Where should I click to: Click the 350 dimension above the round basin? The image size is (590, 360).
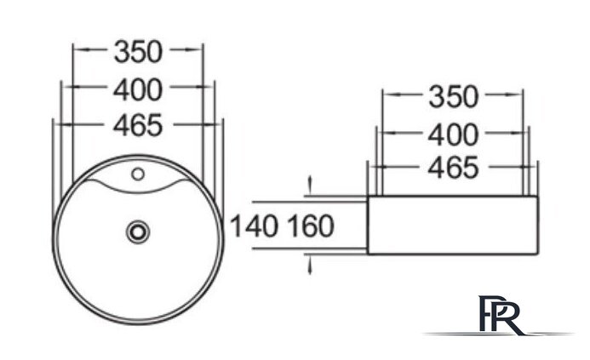138,52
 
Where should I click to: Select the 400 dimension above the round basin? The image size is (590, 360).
138,90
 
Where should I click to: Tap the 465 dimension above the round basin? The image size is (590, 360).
138,125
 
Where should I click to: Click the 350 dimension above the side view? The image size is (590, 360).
454,97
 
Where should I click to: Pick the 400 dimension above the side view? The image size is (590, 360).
454,135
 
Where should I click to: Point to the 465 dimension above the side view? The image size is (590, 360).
454,168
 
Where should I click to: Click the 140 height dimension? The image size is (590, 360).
255,226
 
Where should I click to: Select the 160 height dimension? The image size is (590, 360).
311,226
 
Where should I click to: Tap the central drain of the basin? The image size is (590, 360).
138,231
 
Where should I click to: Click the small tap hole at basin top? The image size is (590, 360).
138,174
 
